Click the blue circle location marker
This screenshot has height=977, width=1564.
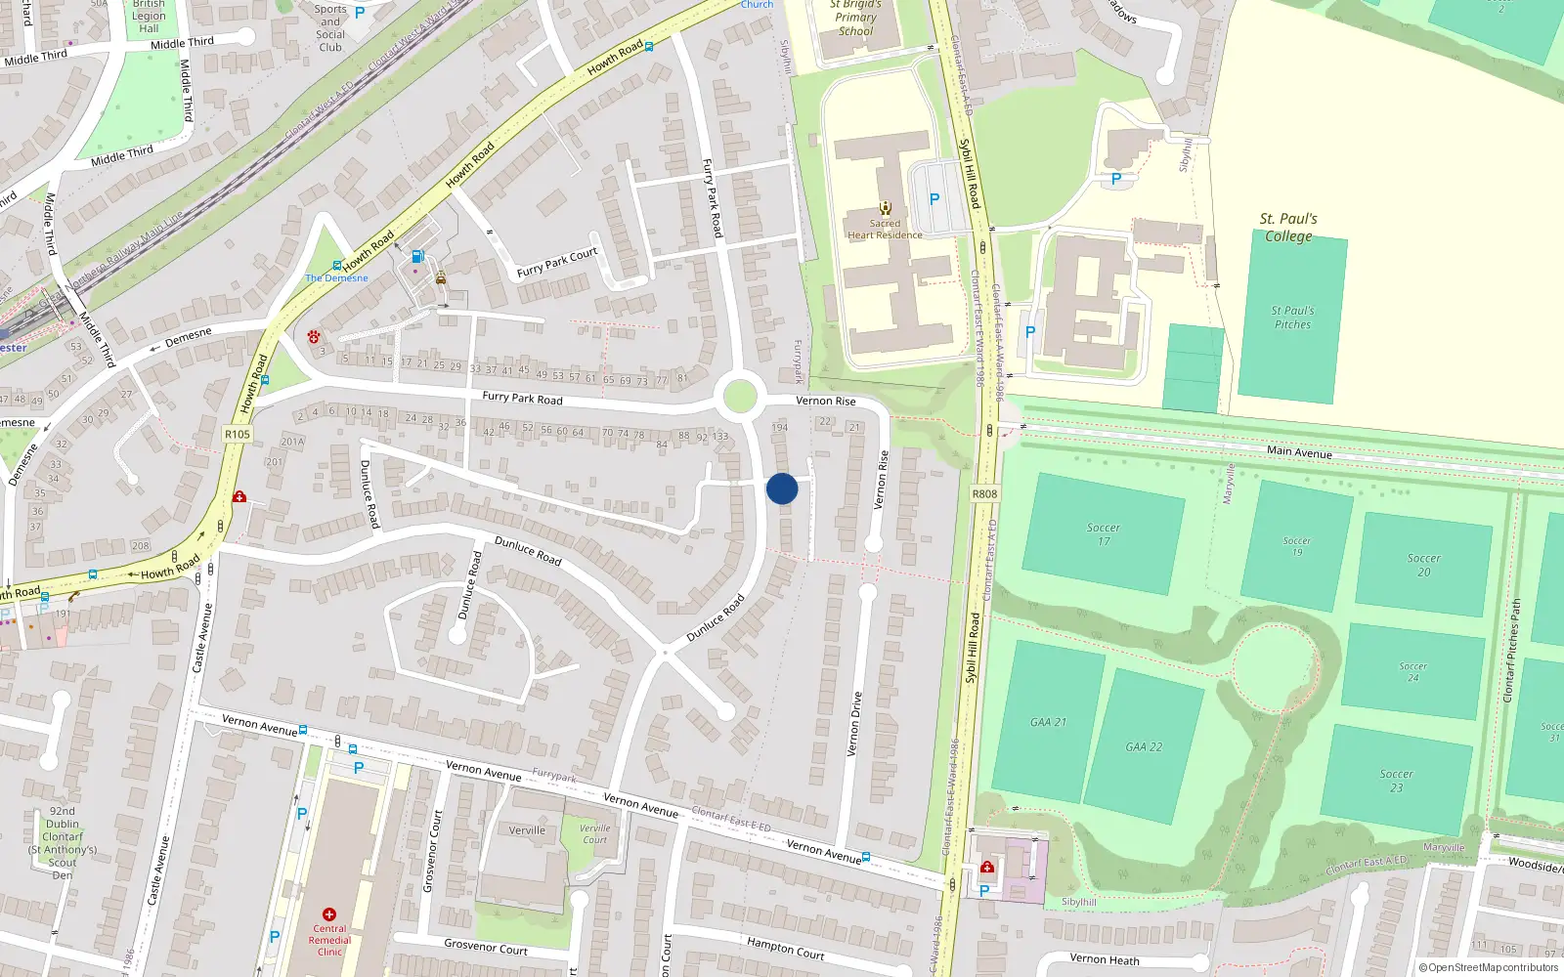click(x=782, y=488)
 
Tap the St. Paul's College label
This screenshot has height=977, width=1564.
click(x=1288, y=228)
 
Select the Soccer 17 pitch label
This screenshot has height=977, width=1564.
click(x=1103, y=533)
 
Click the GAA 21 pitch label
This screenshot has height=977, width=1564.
click(x=1048, y=722)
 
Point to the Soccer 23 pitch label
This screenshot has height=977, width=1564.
click(x=1396, y=780)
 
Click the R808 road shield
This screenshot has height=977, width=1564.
click(x=984, y=493)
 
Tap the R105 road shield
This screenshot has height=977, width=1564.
click(x=237, y=434)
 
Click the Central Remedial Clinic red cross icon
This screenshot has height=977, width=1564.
click(x=329, y=914)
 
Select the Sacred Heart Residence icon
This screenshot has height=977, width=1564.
click(x=886, y=207)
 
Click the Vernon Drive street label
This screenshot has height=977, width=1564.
click(x=854, y=724)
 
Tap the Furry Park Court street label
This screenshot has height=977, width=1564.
click(x=557, y=263)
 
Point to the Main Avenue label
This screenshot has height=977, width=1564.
click(x=1299, y=451)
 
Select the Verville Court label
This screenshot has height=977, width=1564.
click(x=594, y=833)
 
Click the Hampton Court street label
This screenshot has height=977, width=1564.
click(x=786, y=947)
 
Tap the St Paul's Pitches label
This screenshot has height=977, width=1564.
click(x=1292, y=318)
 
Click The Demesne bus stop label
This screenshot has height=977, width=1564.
click(x=336, y=277)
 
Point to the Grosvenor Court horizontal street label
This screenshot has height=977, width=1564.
click(x=486, y=948)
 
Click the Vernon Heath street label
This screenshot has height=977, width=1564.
click(x=1105, y=959)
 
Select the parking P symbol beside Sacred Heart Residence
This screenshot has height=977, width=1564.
click(x=934, y=199)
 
